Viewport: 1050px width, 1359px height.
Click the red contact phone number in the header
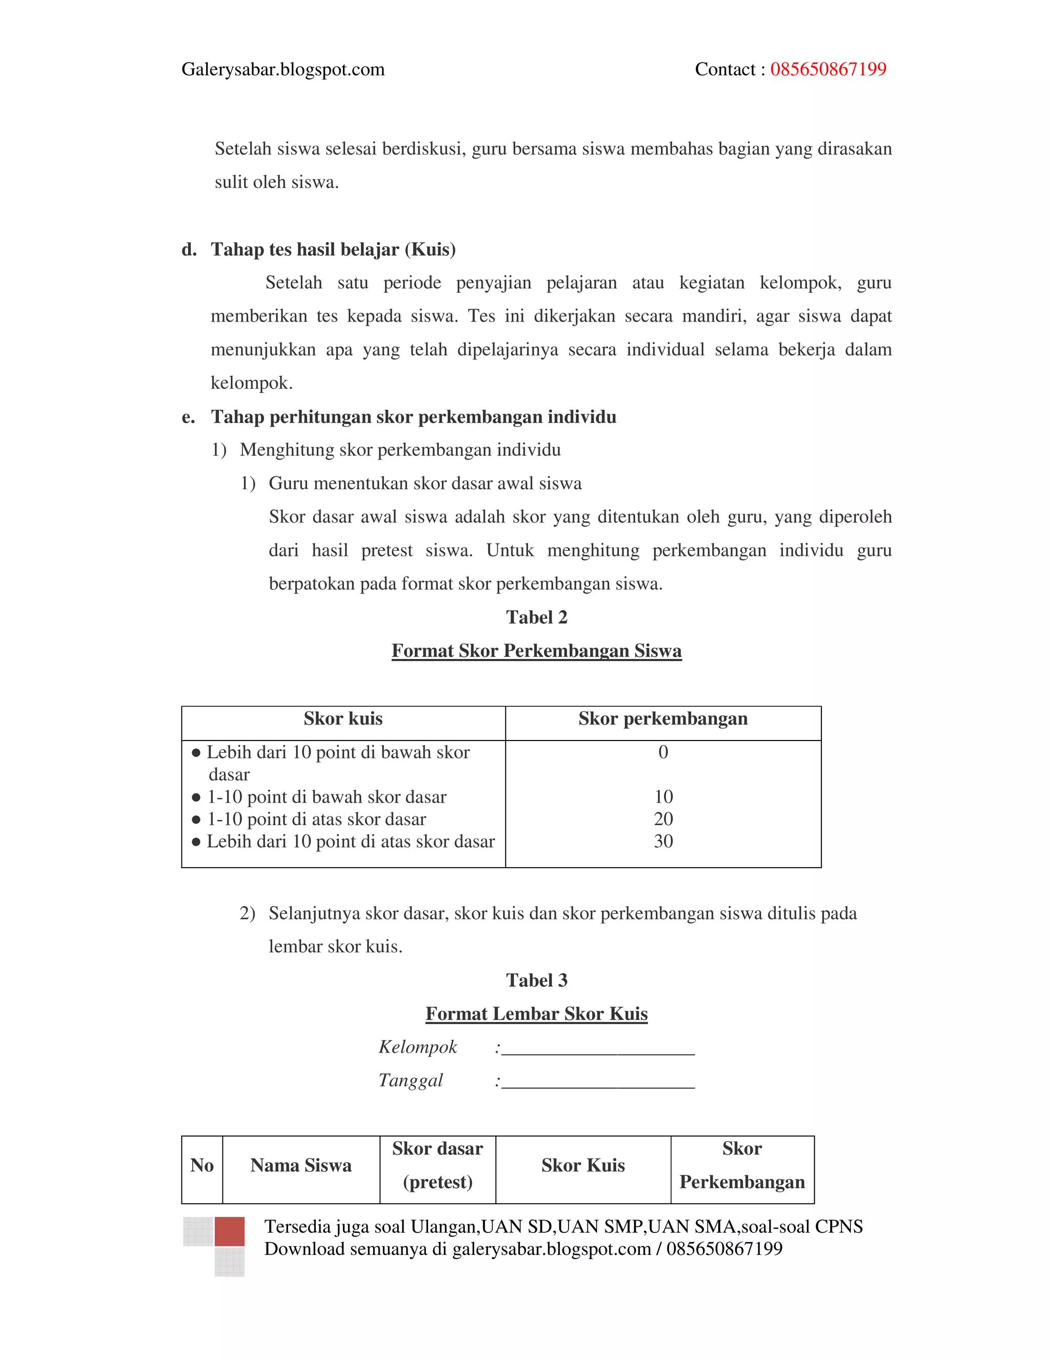pos(827,69)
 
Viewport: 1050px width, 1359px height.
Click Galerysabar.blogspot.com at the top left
pos(283,69)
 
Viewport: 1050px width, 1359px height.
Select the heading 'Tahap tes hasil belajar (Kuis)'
pos(333,250)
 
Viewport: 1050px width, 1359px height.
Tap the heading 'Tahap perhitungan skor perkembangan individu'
pos(413,416)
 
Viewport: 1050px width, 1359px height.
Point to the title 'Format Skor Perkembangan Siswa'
pos(536,650)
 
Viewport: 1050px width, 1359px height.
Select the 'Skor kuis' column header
pos(343,718)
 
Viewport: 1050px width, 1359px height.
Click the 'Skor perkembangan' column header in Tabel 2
pos(662,718)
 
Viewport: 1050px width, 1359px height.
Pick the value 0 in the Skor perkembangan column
pos(663,752)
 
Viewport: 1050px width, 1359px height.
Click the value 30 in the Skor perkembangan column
pos(663,841)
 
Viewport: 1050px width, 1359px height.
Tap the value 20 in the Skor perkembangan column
pos(663,819)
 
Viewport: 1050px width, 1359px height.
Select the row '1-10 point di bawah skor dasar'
pos(326,797)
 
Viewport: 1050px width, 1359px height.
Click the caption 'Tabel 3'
pos(536,980)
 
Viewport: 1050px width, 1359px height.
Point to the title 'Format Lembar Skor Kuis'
pos(536,1014)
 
